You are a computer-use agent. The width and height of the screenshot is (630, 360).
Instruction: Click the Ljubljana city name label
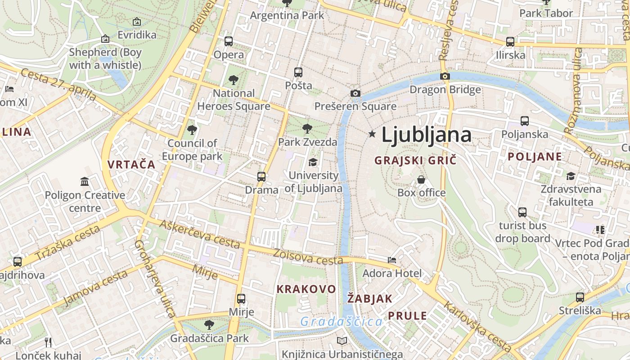click(x=426, y=135)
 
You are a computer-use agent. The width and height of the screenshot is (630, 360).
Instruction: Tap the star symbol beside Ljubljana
click(x=372, y=134)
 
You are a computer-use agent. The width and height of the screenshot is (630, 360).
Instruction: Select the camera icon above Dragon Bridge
click(x=445, y=76)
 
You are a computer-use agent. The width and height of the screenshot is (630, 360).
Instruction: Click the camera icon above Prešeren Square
click(x=355, y=93)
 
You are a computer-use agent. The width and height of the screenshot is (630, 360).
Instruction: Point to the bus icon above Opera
click(x=229, y=41)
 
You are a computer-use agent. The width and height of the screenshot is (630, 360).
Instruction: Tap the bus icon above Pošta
click(x=298, y=72)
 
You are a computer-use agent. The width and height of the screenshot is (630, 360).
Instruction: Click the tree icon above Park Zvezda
click(x=307, y=129)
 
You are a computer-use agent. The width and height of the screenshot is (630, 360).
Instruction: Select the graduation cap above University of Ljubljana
click(x=313, y=162)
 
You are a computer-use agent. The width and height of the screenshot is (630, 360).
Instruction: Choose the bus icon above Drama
click(x=261, y=176)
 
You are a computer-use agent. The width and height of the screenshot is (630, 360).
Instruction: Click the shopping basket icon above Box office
click(x=421, y=180)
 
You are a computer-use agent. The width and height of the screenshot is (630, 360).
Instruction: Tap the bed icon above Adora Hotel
click(x=392, y=260)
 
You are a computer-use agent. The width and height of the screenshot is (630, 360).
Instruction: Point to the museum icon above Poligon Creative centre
click(x=85, y=182)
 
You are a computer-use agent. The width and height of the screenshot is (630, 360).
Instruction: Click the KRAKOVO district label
click(x=306, y=289)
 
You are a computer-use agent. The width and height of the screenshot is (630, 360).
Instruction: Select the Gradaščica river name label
click(x=341, y=321)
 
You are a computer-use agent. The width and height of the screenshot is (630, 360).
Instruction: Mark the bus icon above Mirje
click(x=241, y=298)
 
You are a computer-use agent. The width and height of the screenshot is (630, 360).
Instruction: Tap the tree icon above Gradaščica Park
click(x=209, y=324)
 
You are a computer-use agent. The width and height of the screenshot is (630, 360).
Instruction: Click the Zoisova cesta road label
click(x=308, y=257)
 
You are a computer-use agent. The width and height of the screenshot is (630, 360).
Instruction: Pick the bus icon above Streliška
click(x=580, y=297)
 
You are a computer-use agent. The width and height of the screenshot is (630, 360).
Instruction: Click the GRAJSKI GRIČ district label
click(x=415, y=160)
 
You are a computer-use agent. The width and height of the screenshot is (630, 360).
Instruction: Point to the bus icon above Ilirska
click(x=510, y=42)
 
